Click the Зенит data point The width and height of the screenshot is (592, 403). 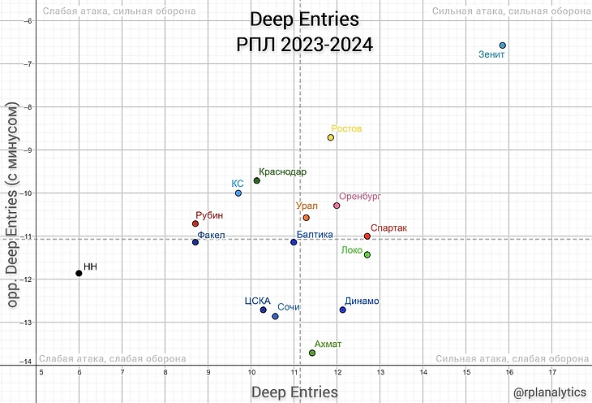(x=503, y=45)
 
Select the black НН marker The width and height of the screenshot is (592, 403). (x=79, y=273)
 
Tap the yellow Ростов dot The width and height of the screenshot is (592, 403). (x=331, y=137)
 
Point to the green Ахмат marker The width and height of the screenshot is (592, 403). (x=312, y=353)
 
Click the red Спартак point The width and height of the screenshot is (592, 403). (x=367, y=236)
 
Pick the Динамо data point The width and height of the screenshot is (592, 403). (x=343, y=310)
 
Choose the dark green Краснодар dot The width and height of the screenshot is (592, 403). (x=257, y=180)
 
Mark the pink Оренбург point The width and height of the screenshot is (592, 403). (x=337, y=206)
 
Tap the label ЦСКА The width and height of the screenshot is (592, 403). (x=256, y=301)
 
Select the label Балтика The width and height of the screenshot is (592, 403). (x=315, y=234)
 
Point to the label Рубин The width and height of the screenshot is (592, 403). (x=209, y=215)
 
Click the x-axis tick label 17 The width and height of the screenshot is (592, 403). (x=552, y=372)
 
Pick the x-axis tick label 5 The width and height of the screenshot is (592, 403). (x=41, y=372)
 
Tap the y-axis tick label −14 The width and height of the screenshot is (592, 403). (x=27, y=362)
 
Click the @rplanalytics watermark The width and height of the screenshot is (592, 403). (x=549, y=392)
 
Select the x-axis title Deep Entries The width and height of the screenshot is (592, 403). (x=294, y=392)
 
